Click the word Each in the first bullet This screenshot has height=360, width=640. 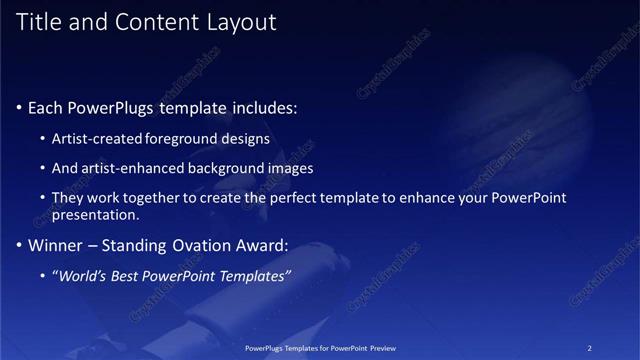[x=46, y=107]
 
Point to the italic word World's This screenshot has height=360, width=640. [x=83, y=275]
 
